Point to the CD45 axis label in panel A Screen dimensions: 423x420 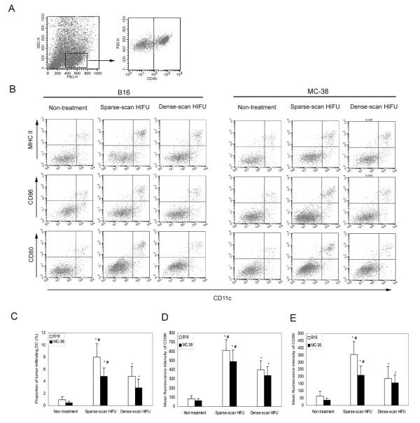[153, 77]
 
